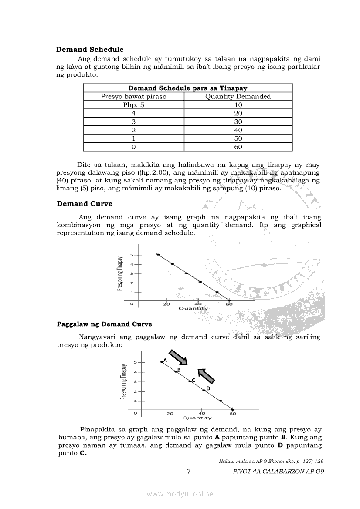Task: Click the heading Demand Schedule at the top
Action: (90, 50)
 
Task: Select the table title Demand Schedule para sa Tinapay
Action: (187, 88)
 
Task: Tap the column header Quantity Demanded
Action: (238, 97)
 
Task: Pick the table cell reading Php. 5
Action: (133, 105)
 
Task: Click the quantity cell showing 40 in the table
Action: (238, 130)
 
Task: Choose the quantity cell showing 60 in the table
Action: (238, 147)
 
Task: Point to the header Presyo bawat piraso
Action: (133, 97)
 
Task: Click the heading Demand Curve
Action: (85, 204)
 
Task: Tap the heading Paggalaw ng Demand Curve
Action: (105, 324)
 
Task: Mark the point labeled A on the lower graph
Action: (161, 361)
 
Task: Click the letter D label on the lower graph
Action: (208, 388)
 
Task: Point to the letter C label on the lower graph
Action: (193, 380)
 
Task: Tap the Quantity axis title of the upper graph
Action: (194, 309)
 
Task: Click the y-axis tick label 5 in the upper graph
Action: (131, 255)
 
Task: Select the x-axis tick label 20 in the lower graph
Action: (170, 413)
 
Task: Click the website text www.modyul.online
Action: (180, 494)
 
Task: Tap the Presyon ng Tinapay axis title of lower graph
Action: (124, 382)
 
